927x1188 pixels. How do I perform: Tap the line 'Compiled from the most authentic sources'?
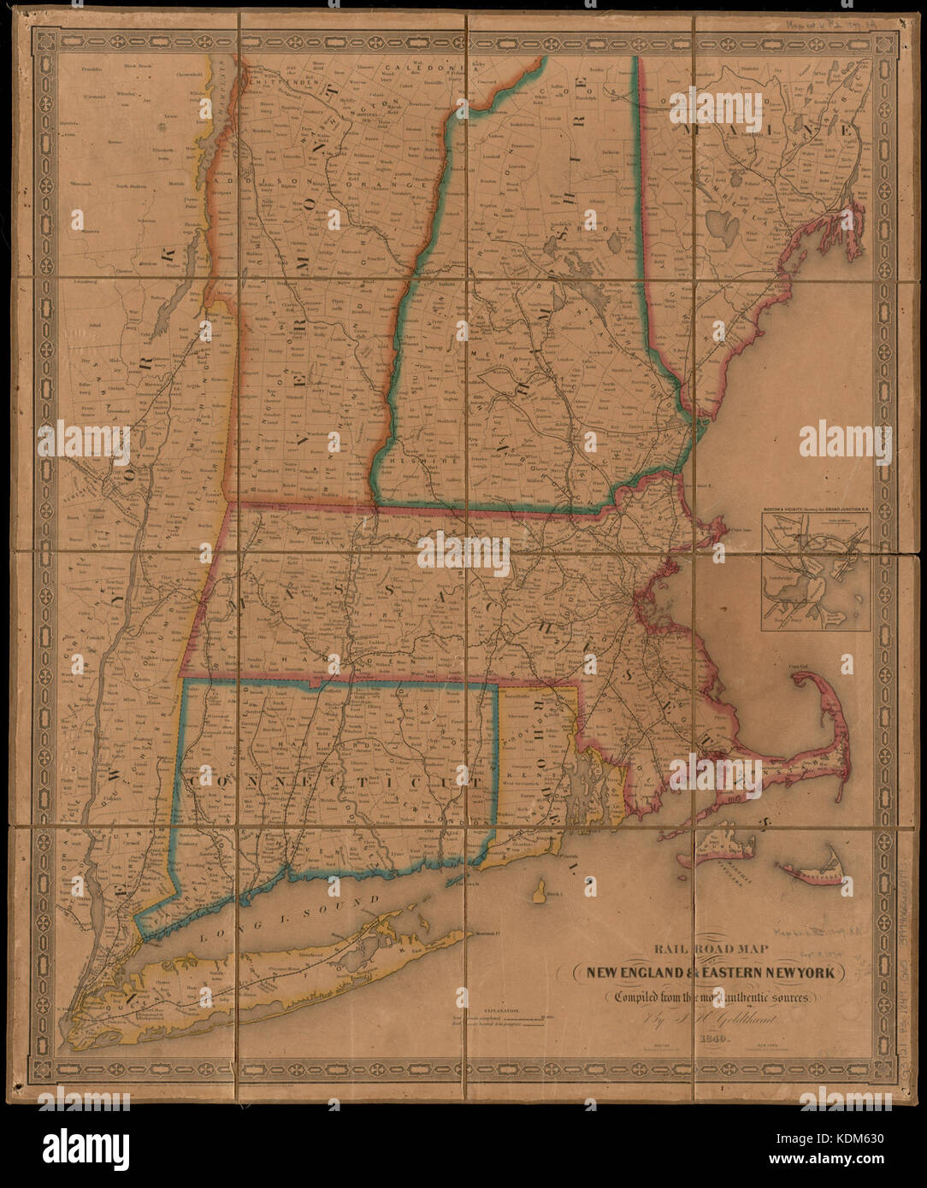(712, 997)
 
